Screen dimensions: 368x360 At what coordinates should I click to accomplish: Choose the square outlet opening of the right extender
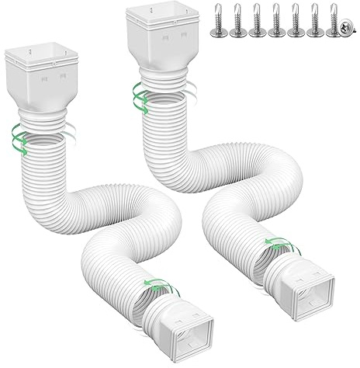305,288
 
